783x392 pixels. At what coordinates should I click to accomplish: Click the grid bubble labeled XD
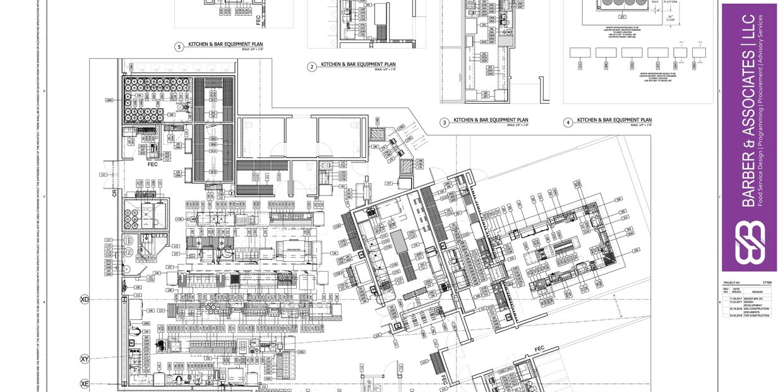click(x=85, y=299)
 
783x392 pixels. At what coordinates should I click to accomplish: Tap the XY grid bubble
click(x=85, y=359)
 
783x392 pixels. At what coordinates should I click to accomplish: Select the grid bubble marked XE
click(x=85, y=384)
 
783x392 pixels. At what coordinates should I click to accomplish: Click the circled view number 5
click(x=179, y=46)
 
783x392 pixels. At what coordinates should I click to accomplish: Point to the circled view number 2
click(x=312, y=66)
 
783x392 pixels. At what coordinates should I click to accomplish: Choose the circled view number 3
click(x=445, y=122)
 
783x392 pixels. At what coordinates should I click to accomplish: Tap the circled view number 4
click(x=568, y=122)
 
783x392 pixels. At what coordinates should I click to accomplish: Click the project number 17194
click(x=767, y=283)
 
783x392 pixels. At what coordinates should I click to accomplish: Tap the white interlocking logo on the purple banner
click(x=749, y=242)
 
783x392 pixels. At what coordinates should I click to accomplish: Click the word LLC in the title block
click(x=749, y=29)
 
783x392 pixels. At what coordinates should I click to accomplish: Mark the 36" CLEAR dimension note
click(x=671, y=18)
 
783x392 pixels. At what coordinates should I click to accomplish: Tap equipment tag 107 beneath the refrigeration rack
click(x=604, y=17)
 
